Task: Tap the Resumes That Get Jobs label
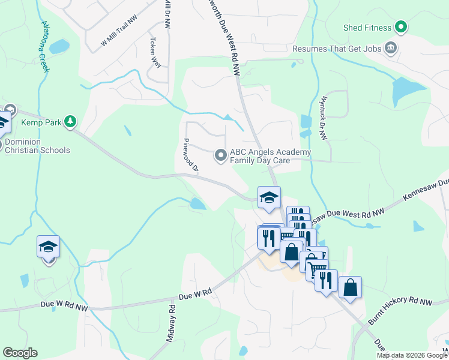click(337, 48)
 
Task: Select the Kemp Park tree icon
click(71, 122)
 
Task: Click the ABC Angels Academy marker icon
click(221, 156)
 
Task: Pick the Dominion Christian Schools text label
click(37, 146)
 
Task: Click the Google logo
click(20, 353)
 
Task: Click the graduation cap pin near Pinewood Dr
click(269, 197)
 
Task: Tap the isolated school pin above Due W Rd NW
click(48, 247)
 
